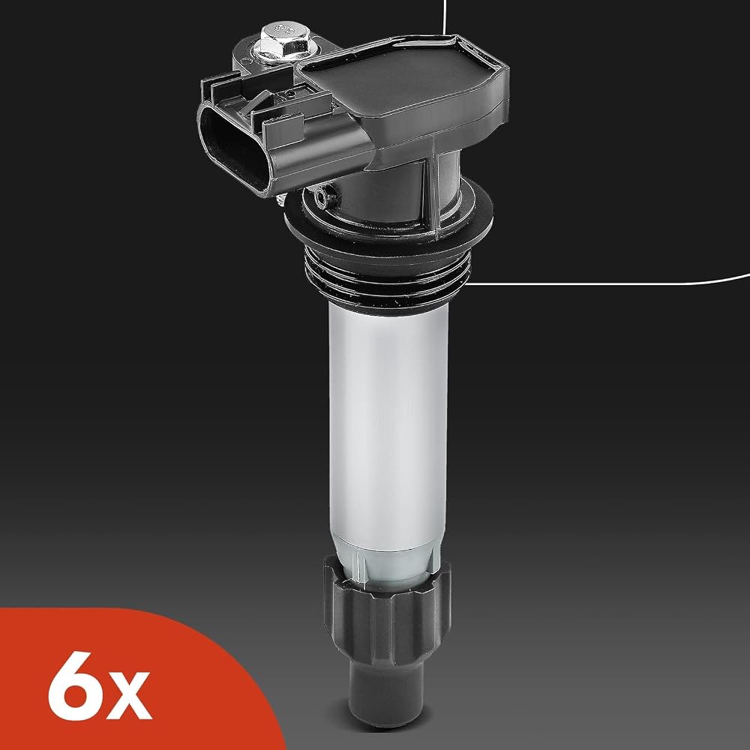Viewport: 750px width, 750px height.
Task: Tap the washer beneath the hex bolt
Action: coord(279,53)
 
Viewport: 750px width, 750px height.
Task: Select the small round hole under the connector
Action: coord(321,196)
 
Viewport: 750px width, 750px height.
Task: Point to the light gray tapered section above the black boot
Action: coord(388,567)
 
